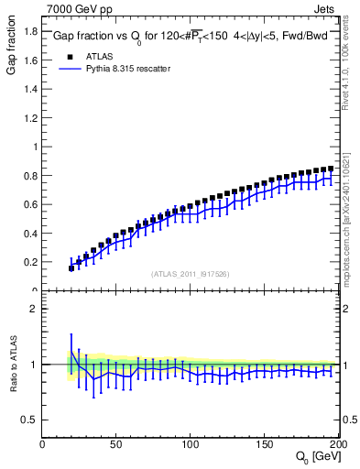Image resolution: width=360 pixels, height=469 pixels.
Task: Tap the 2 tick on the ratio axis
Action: tap(35, 309)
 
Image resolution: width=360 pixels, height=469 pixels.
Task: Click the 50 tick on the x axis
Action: tap(116, 444)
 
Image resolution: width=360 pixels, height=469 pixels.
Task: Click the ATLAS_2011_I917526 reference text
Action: tap(191, 274)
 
